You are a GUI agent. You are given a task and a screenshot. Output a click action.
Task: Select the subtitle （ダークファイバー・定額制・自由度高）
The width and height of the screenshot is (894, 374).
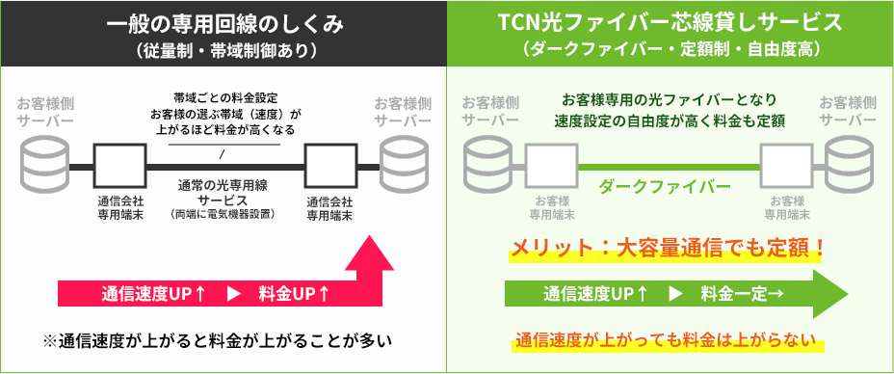[x=671, y=49]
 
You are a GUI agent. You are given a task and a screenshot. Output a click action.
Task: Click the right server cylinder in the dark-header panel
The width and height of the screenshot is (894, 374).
[x=406, y=164]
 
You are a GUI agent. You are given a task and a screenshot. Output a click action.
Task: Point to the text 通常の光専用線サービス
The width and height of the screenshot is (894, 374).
[x=222, y=192]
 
